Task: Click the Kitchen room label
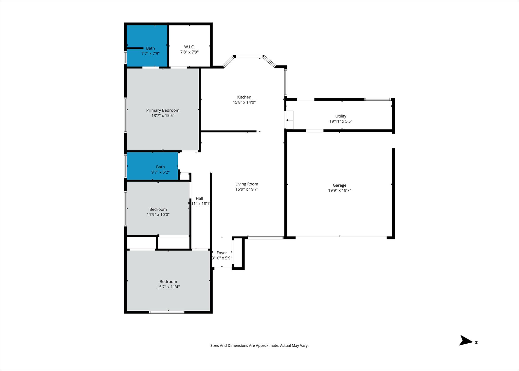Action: click(x=244, y=97)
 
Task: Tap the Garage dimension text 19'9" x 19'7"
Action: click(x=340, y=190)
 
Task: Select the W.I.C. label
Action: click(x=189, y=47)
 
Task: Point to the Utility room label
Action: click(x=341, y=116)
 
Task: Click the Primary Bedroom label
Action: click(x=163, y=110)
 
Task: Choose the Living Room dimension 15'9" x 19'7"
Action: click(x=247, y=189)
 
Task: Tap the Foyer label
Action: click(x=222, y=253)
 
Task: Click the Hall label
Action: click(x=199, y=199)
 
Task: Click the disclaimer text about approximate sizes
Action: click(x=259, y=345)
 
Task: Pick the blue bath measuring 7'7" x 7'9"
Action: click(x=147, y=46)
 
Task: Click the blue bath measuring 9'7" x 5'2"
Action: click(x=152, y=166)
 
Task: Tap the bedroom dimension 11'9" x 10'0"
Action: click(x=158, y=215)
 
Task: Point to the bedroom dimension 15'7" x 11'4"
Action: click(x=168, y=287)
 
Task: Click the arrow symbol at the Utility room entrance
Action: click(x=288, y=120)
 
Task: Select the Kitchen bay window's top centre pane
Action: click(x=249, y=56)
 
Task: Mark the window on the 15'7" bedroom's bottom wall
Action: click(x=167, y=312)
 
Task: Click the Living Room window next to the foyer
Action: click(x=266, y=238)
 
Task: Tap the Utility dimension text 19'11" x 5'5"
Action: click(x=341, y=121)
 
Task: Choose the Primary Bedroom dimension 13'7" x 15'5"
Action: click(x=163, y=116)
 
